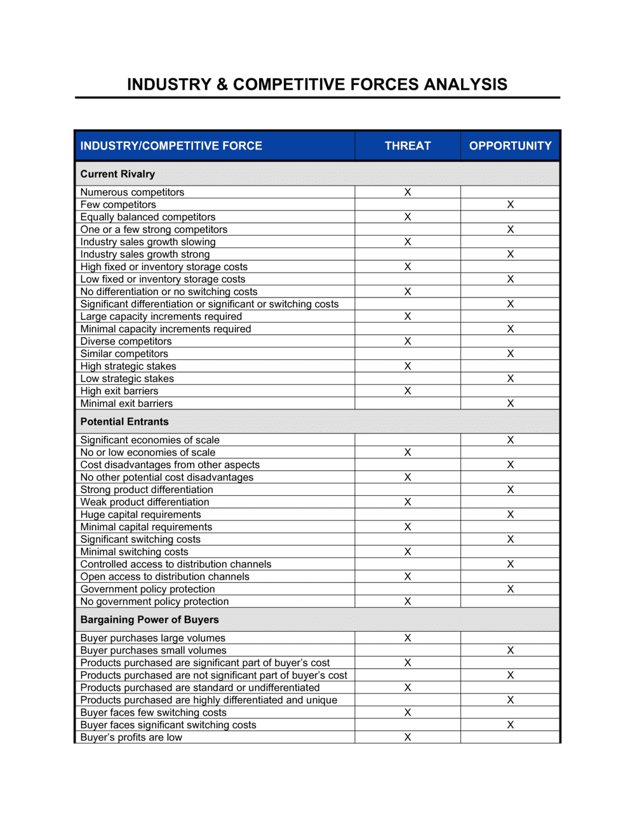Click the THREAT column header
pos(407,146)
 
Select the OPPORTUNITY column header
pos(510,146)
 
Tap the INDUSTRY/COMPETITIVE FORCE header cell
pos(171,146)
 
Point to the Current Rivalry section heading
pos(117,174)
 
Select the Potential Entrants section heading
pos(124,421)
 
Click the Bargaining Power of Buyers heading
pos(149,620)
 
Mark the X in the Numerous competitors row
pos(408,192)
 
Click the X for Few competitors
pos(510,205)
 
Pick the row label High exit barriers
pos(119,391)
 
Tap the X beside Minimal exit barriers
pos(510,403)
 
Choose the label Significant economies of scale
pos(150,440)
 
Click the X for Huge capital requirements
pos(510,514)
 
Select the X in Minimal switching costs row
pos(408,552)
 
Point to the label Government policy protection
pos(147,589)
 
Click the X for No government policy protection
pos(408,601)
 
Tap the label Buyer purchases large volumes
pos(152,638)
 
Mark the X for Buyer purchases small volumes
pos(510,650)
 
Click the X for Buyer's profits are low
pos(408,737)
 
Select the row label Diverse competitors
pos(126,341)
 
